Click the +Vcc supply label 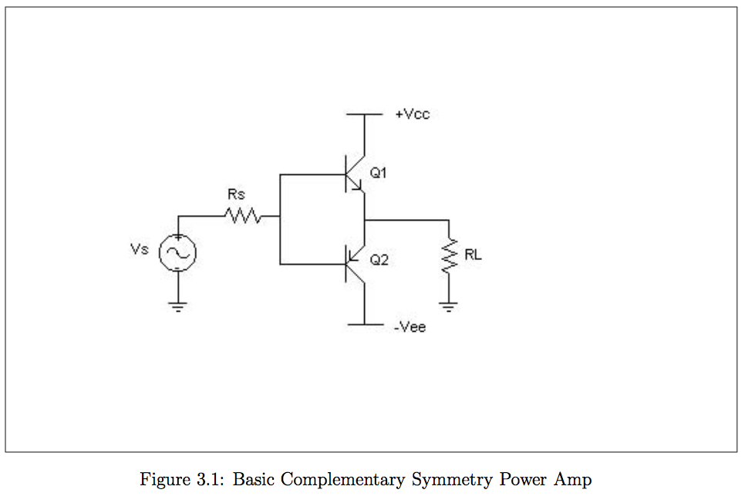[412, 114]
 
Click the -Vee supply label [410, 327]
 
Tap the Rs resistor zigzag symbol [244, 216]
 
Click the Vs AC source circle [177, 252]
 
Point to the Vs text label [140, 251]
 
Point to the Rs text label [236, 195]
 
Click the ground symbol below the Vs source [178, 306]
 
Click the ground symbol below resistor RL [448, 306]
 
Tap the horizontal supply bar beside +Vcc [364, 114]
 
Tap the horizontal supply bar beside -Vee [364, 325]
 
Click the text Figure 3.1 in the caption [183, 480]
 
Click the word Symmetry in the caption [451, 480]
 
